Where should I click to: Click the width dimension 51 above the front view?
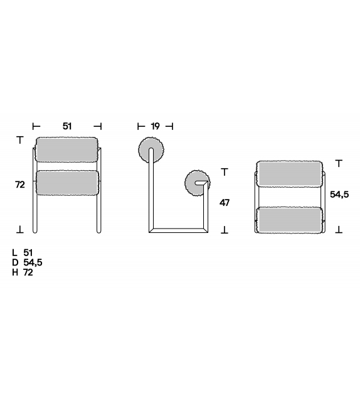67,126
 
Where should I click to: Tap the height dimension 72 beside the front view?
20,185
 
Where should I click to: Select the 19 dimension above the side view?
155,126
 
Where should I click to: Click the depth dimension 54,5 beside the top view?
339,195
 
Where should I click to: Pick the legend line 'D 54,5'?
27,262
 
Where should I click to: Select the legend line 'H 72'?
24,272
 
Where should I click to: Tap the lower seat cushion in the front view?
66,183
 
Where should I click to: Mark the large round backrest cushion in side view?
151,151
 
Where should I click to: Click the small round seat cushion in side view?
197,183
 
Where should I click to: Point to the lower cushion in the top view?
290,219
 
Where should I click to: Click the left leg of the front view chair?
36,213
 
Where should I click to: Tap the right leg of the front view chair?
97,213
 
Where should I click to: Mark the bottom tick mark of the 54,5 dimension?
339,230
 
